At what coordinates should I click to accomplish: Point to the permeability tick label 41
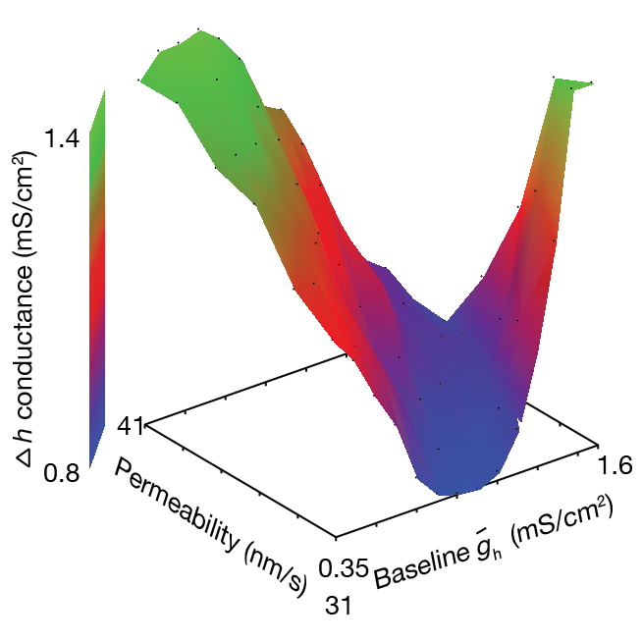tap(131, 425)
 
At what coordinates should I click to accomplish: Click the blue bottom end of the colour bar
tap(97, 447)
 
